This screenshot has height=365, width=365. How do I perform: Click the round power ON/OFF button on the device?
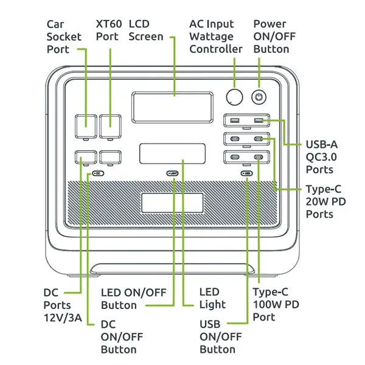260,97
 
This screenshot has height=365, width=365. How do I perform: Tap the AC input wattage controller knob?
234,97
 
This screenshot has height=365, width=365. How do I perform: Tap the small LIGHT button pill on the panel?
173,173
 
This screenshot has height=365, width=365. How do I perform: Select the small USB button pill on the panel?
246,173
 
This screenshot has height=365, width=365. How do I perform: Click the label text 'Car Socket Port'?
64,36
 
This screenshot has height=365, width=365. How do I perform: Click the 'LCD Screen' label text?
146,30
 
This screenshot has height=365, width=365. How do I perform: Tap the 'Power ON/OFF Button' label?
271,36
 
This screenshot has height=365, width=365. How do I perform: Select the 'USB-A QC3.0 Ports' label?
322,156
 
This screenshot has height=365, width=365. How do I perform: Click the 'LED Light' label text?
212,298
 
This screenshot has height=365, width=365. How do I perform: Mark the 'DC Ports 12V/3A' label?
57,304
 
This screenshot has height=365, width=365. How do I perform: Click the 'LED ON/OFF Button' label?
128,298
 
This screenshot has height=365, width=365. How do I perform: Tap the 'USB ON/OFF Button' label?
217,336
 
